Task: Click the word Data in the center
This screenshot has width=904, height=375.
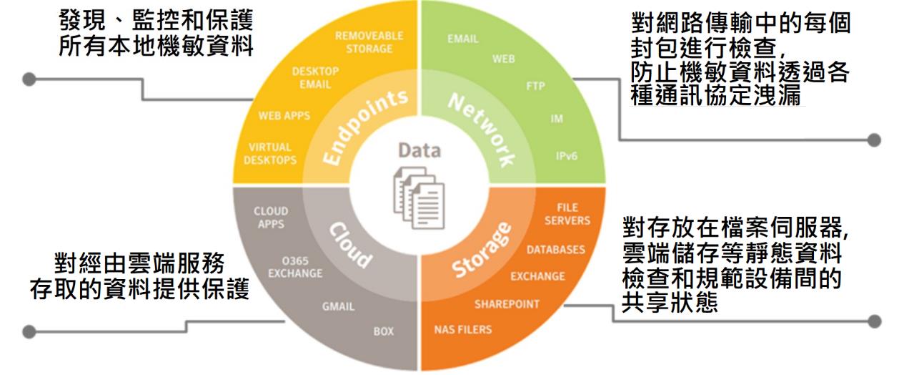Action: [x=419, y=151]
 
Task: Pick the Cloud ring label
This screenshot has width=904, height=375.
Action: [x=349, y=244]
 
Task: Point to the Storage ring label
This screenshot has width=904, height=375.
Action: [x=484, y=250]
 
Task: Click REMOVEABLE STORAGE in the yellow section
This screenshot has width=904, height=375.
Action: [x=369, y=42]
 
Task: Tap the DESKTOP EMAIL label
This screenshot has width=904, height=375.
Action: [x=315, y=78]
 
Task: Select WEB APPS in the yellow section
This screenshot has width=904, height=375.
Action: [x=284, y=116]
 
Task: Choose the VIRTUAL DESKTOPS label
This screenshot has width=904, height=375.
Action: [x=270, y=153]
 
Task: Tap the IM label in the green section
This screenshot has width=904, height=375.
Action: [x=557, y=119]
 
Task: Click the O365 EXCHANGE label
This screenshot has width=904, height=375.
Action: [x=294, y=267]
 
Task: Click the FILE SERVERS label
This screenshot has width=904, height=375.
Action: [x=567, y=214]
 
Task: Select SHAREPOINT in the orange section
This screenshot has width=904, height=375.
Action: [x=507, y=304]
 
